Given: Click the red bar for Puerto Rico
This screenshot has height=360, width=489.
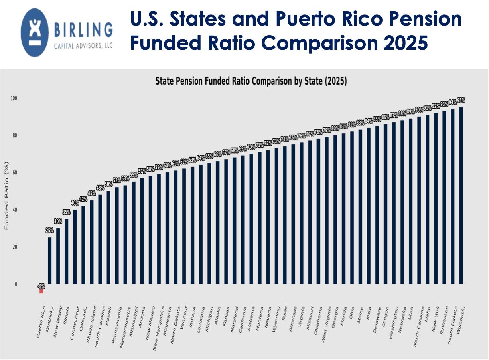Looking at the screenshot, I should pos(41,291).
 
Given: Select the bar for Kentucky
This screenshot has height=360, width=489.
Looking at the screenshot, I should pos(49,261).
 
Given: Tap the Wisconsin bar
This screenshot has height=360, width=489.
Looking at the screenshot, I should pos(461,196).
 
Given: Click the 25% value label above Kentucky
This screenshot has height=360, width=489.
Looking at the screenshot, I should pos(49,231).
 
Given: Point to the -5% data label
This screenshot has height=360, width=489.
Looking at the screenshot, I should pos(41,286).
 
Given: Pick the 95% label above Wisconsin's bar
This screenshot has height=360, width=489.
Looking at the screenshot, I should pos(461,101).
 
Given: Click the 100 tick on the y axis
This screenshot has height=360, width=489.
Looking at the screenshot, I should pos(16,98).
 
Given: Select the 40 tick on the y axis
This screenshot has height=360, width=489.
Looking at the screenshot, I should pos(16,210).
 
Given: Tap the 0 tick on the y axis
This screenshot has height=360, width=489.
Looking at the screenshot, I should pos(16,284).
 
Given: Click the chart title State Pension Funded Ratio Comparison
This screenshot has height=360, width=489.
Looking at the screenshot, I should pos(251,81).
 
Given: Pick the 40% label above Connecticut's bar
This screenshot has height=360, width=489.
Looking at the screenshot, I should pos(75,202).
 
